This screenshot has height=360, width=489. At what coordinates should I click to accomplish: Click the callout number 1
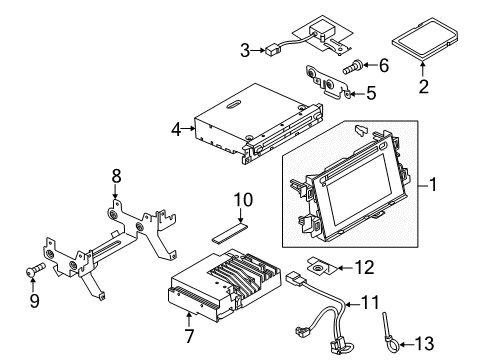pos(433,184)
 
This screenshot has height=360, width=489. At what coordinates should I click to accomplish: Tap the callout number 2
pos(423,86)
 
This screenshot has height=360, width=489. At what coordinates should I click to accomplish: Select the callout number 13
pos(424,343)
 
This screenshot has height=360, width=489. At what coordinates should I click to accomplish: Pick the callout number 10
pos(243,200)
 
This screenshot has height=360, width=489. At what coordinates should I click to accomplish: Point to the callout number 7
pos(189,335)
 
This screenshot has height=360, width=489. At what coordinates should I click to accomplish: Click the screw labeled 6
pos(353,67)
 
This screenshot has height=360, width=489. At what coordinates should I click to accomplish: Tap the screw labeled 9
pos(35,269)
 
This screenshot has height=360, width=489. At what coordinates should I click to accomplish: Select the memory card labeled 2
pos(424,39)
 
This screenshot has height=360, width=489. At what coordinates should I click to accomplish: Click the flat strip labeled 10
pos(230,233)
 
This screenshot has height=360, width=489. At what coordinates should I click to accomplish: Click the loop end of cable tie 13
pos(393,343)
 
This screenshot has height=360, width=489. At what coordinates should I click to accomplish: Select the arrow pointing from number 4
pos(189,128)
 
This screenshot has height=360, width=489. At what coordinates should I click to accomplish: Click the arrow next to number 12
pos(345,268)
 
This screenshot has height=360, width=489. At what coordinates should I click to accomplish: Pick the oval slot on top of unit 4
pos(234,104)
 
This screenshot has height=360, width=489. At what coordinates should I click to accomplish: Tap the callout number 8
pos(116,176)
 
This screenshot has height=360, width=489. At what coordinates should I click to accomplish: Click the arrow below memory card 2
pos(423,69)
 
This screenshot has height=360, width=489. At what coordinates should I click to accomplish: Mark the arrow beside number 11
pos(353,304)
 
